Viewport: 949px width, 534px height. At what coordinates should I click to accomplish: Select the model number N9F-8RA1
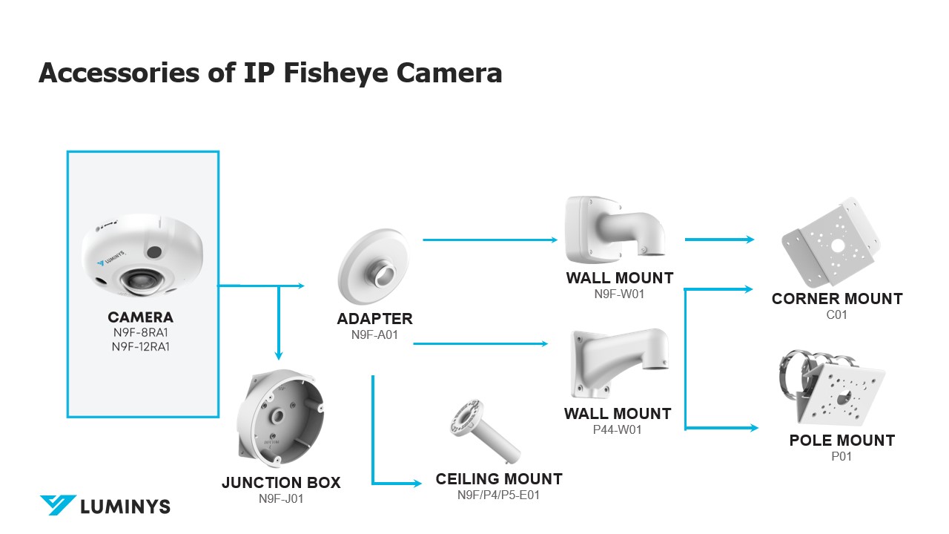click(141, 333)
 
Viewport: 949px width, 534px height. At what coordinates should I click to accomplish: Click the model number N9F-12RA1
click(141, 346)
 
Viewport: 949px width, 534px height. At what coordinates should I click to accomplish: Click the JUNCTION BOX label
click(281, 483)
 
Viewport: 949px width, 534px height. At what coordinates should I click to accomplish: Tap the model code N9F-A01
click(374, 334)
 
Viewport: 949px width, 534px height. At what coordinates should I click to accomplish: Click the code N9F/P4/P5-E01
click(498, 495)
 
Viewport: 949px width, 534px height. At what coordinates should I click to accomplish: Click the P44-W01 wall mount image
click(618, 363)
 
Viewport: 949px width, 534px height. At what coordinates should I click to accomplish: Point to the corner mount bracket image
click(832, 242)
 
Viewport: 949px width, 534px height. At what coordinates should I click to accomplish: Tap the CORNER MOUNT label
click(836, 299)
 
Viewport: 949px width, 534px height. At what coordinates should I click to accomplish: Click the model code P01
click(841, 456)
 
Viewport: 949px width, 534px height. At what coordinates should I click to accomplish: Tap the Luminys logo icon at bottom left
click(58, 505)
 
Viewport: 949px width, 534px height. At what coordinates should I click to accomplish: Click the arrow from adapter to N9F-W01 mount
click(489, 240)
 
